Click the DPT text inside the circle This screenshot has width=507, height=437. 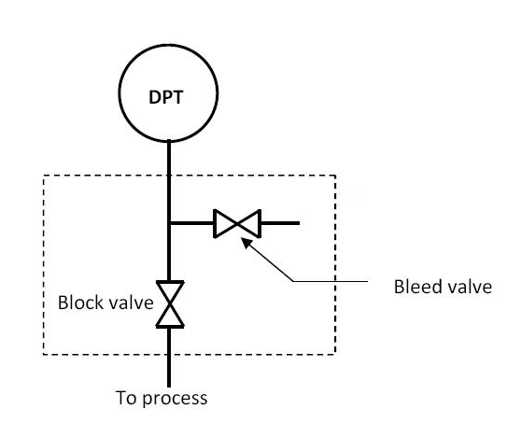point(166,97)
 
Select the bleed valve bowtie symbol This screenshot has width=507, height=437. point(237,223)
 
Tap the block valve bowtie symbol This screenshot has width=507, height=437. point(170,304)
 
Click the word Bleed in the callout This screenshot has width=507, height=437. point(415,287)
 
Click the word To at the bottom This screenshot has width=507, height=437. point(126,398)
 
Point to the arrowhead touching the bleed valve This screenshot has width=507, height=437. point(246,242)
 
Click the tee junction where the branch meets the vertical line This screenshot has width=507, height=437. point(169,223)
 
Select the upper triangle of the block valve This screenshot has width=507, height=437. point(170,292)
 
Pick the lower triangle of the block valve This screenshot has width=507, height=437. point(170,317)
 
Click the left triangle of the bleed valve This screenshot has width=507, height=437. point(225,223)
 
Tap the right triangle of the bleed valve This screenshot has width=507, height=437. point(249,223)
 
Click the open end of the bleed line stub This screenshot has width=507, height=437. point(299,223)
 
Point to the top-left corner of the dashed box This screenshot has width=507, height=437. point(44,176)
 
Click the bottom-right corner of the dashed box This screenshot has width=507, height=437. point(335,354)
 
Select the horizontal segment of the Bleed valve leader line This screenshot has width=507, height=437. point(331,281)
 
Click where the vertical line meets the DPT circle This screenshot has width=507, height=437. point(169,141)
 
